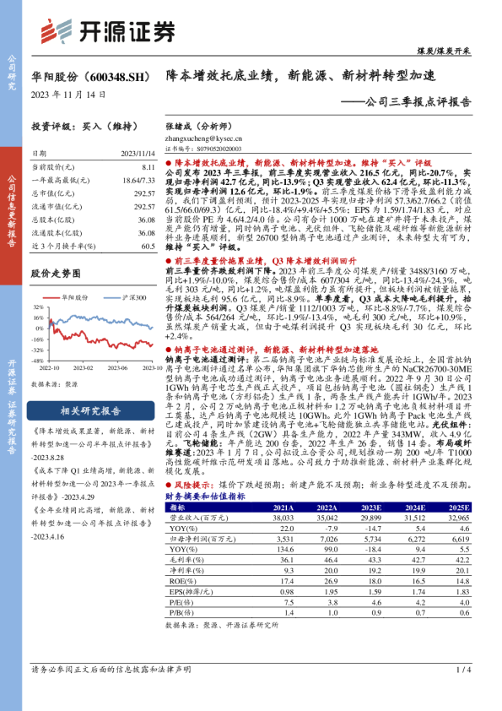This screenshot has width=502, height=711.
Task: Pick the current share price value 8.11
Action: [148, 168]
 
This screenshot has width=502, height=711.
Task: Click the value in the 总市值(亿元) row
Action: [144, 193]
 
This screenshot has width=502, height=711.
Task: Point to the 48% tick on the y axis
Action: [36, 308]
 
